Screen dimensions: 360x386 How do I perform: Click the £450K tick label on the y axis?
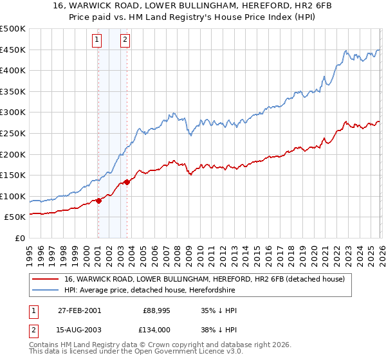click(x=13, y=50)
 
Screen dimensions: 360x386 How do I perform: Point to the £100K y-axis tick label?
click(x=13, y=196)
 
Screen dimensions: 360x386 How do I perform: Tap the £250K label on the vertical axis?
click(x=13, y=133)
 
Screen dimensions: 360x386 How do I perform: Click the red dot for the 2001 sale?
click(x=98, y=201)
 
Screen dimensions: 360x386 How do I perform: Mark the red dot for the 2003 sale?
click(x=127, y=182)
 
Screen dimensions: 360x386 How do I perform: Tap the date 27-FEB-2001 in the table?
click(x=79, y=310)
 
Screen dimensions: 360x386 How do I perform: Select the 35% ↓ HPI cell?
click(x=219, y=310)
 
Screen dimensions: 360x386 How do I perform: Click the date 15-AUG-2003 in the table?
click(x=79, y=329)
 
